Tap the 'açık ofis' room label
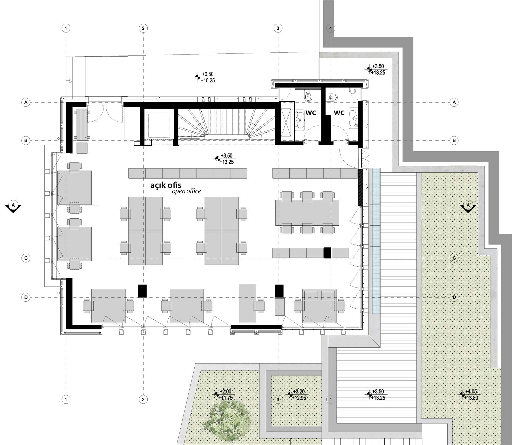point(166,185)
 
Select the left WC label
point(311,113)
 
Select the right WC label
point(339,113)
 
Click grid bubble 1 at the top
point(66,28)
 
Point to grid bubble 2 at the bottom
point(143,400)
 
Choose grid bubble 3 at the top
point(278,28)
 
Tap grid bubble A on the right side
point(454,102)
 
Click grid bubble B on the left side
point(26,140)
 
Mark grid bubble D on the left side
point(26,297)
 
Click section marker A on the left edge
point(13,207)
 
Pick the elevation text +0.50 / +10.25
point(208,77)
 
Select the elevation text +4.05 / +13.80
point(471,395)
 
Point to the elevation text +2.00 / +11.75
point(226,395)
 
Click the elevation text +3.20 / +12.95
point(299,395)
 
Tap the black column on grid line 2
point(142,291)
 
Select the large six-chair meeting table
point(307,213)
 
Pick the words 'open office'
point(186,191)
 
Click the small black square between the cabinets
point(327,253)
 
